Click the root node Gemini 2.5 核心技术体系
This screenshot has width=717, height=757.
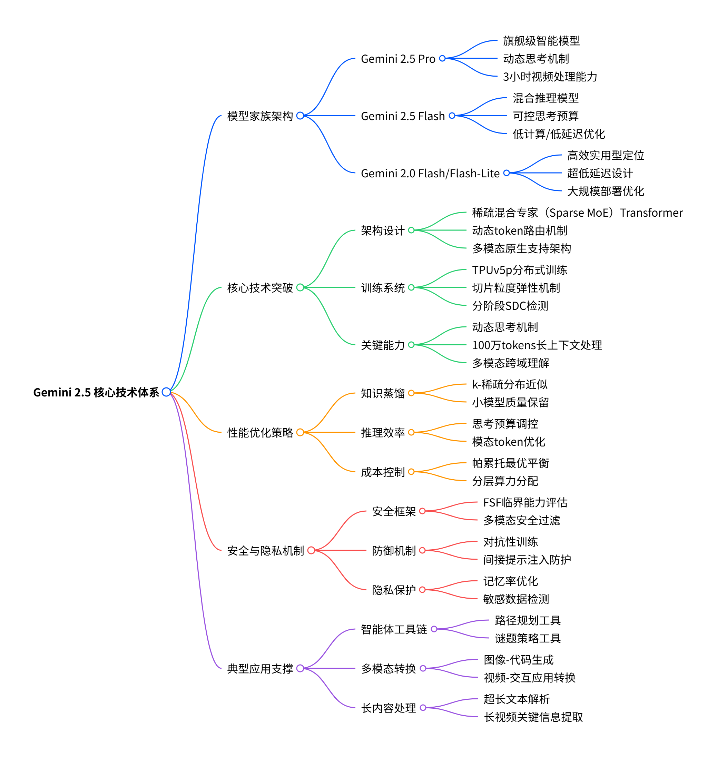coord(96,392)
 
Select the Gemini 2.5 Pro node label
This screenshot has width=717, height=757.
coord(398,59)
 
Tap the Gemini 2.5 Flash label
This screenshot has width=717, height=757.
coord(402,116)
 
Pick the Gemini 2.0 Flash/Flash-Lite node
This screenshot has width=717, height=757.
coord(430,173)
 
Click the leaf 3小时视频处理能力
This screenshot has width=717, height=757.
coord(550,77)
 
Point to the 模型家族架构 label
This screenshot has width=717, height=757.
coord(260,116)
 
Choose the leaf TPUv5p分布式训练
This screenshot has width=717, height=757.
coord(519,270)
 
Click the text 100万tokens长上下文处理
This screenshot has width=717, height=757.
coord(537,345)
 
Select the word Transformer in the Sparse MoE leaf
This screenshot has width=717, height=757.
coord(651,213)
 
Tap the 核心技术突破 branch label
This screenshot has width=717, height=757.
coord(260,287)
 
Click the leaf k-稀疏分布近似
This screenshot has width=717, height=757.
coord(510,384)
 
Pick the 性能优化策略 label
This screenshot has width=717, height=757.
coord(260,432)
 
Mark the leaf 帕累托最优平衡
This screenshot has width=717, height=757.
coord(510,463)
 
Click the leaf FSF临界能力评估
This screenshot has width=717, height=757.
coord(525,502)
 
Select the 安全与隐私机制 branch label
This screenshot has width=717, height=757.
coord(265,550)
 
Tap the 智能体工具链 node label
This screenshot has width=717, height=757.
coord(394,629)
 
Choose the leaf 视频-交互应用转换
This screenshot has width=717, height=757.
coord(529,678)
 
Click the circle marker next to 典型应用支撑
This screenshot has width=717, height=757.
coord(300,668)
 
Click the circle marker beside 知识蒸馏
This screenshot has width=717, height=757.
coord(411,393)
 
